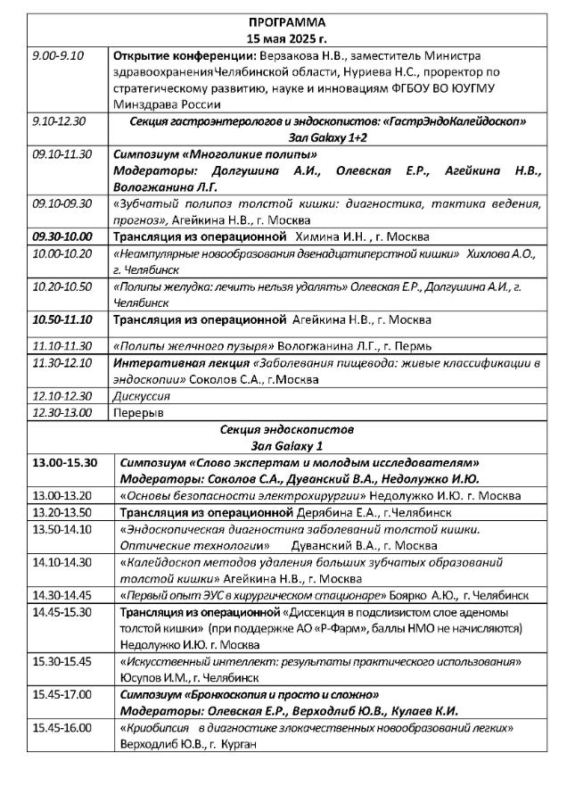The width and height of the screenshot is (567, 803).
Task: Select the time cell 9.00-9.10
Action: (x=52, y=55)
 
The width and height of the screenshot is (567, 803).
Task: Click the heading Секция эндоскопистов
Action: (x=284, y=428)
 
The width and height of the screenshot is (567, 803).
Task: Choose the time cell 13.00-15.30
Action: (x=63, y=462)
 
